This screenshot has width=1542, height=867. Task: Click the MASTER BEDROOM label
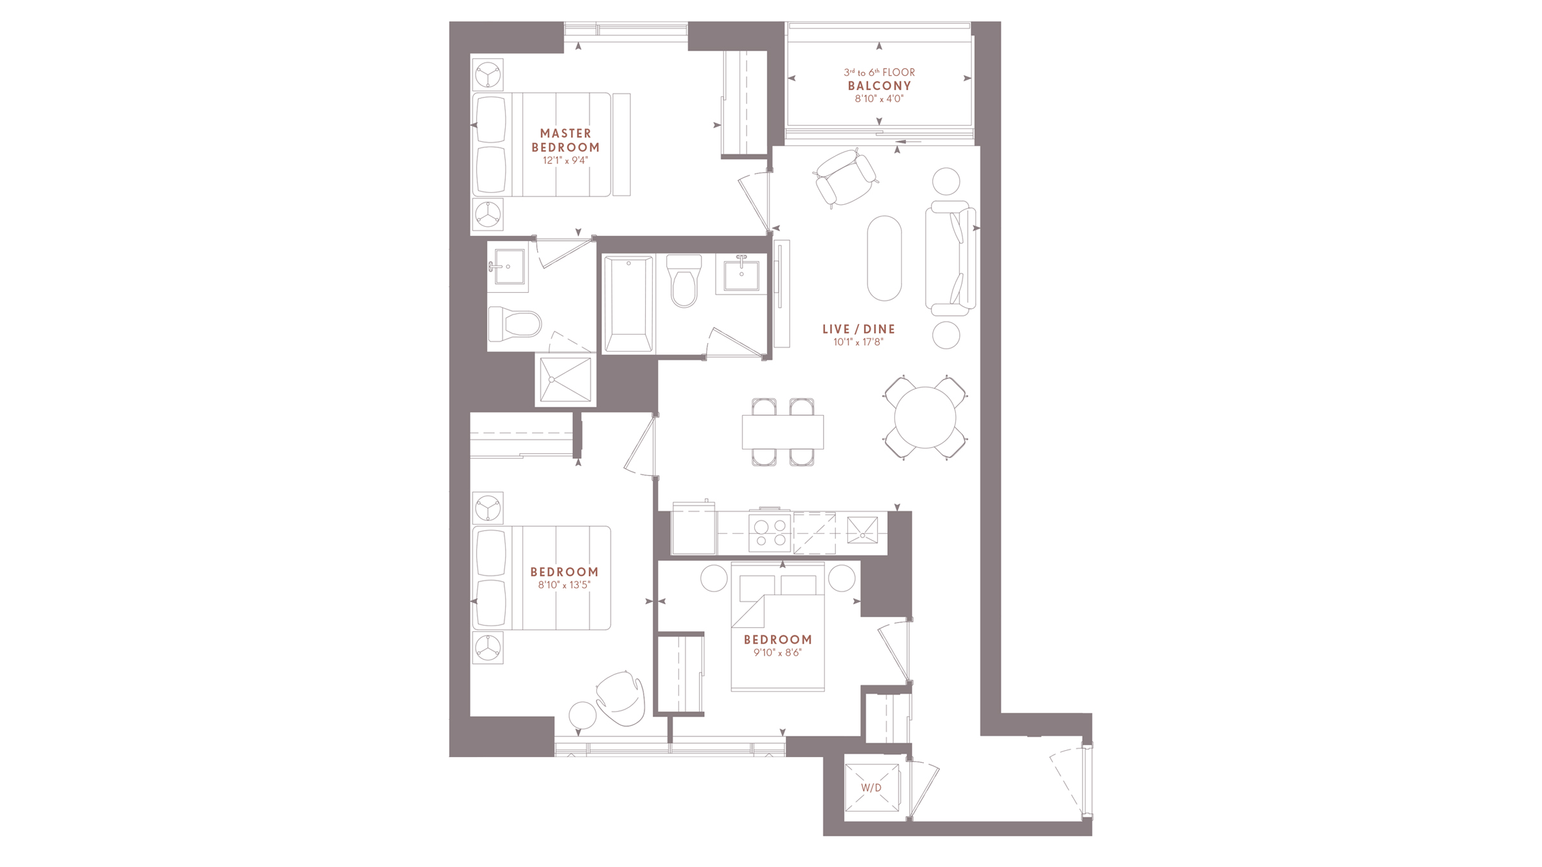point(565,140)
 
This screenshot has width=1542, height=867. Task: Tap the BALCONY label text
point(879,86)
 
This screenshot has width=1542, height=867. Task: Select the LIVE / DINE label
point(858,329)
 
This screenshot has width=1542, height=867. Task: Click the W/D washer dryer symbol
point(871,787)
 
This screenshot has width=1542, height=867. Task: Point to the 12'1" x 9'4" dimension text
point(565,161)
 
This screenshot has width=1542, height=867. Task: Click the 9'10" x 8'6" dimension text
point(777,652)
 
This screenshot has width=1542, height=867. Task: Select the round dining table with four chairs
point(925,417)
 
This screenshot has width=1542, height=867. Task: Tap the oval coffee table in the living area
point(884,258)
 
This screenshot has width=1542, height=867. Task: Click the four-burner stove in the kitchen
point(770,533)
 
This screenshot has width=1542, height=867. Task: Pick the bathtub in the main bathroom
point(628,304)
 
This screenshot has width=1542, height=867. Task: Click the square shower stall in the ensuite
point(565,380)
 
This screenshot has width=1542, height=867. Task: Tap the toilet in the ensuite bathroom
point(515,324)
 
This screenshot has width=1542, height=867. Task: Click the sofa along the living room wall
point(951,258)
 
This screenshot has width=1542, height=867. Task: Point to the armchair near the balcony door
point(845,178)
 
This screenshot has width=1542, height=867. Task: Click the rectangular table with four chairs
point(783,432)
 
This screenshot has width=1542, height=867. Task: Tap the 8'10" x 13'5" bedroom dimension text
point(564,585)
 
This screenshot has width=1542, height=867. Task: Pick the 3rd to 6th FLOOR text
point(879,73)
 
